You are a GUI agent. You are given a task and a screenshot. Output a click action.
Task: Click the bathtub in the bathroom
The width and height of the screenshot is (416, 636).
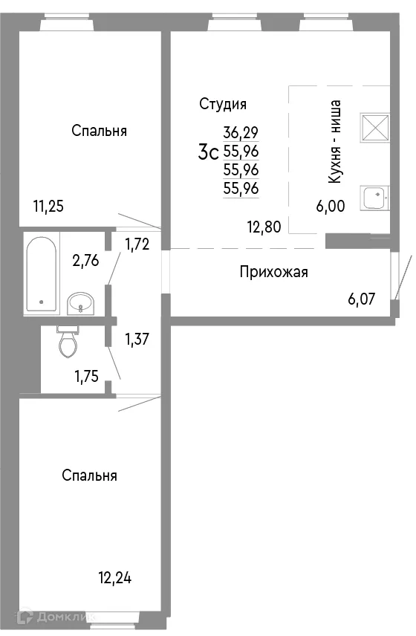click(x=41, y=274)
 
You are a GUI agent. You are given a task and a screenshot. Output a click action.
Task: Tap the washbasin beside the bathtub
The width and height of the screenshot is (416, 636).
click(x=80, y=303)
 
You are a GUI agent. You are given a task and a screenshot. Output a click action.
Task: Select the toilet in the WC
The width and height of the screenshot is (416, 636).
click(x=68, y=343)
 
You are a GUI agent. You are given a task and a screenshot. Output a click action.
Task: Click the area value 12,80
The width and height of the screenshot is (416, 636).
click(x=264, y=228)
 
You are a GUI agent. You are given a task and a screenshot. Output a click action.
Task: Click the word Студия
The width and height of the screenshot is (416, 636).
click(x=223, y=104)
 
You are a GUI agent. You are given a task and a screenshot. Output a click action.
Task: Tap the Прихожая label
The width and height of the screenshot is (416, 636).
click(x=273, y=272)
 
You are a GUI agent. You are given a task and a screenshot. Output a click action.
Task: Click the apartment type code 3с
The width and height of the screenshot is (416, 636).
click(x=207, y=154)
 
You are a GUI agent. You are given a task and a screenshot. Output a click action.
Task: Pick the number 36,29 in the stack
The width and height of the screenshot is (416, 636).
click(x=241, y=133)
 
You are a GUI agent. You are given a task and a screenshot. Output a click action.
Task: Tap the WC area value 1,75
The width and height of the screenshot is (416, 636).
click(x=88, y=376)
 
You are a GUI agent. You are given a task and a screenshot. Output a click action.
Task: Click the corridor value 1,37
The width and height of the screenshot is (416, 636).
click(x=138, y=340)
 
